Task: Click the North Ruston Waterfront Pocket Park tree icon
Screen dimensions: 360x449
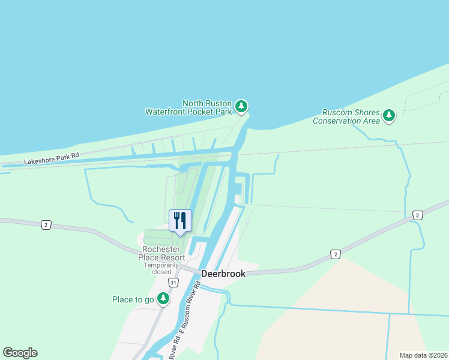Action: [241, 107]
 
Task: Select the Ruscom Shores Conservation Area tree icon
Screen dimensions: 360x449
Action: [389, 115]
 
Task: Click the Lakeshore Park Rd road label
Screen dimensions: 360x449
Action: [52, 158]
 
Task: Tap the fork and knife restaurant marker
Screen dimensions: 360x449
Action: [179, 221]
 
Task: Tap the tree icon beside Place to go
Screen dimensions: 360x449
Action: [163, 298]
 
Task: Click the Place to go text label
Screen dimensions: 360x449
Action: [133, 299]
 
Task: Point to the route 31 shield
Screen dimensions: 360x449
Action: [173, 282]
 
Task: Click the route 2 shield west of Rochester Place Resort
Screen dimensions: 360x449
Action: [46, 224]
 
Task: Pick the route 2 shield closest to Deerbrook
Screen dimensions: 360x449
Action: [335, 254]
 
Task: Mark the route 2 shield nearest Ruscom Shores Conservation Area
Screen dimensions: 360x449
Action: [417, 215]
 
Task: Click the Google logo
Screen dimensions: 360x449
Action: [20, 353]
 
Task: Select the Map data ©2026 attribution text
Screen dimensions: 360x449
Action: [423, 355]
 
